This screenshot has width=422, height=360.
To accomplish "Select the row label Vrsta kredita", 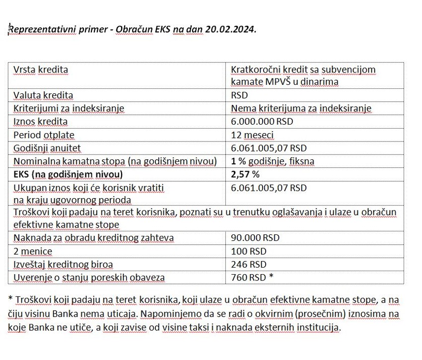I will [41, 70].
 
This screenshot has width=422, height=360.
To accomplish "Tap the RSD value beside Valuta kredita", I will [239, 95].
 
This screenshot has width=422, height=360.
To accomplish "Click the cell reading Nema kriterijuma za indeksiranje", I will [301, 108].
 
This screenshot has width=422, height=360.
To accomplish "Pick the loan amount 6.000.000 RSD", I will [262, 121].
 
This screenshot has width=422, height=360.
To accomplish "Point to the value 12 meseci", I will [252, 135].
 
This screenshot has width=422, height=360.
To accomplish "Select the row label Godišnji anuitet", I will [47, 148].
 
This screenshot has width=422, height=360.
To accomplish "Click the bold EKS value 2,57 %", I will [245, 174].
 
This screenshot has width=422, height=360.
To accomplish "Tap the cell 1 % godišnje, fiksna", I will [273, 161].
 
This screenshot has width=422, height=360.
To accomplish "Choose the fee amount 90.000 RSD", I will [255, 238].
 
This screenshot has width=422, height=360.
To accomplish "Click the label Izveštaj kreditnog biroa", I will [63, 265].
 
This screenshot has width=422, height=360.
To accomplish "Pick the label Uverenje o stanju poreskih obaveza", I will [89, 278].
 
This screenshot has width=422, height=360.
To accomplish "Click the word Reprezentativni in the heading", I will [39, 29].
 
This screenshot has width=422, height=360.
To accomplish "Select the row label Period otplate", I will [44, 135].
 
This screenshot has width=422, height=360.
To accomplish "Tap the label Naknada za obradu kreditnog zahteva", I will [93, 238].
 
